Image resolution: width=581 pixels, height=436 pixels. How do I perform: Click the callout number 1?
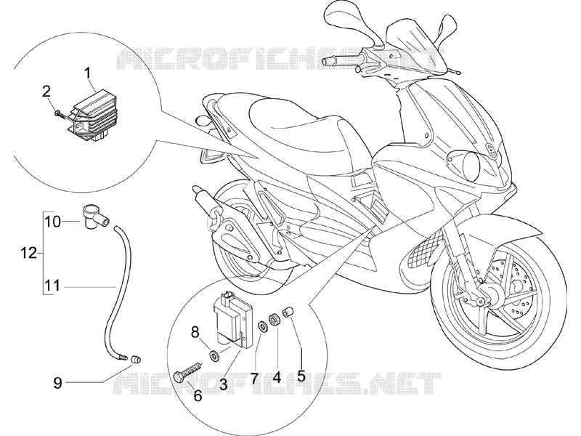click(x=88, y=73)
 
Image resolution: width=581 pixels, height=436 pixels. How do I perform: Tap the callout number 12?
click(x=28, y=254)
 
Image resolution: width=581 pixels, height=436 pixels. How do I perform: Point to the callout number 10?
click(x=52, y=222)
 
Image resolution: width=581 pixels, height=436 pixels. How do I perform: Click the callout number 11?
click(x=52, y=286)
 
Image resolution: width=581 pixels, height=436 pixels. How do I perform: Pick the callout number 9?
click(x=57, y=383)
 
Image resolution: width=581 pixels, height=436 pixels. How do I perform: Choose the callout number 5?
click(x=301, y=376)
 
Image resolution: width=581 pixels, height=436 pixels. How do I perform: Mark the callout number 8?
click(x=195, y=332)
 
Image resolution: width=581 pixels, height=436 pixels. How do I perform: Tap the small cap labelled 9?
click(x=137, y=359)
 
